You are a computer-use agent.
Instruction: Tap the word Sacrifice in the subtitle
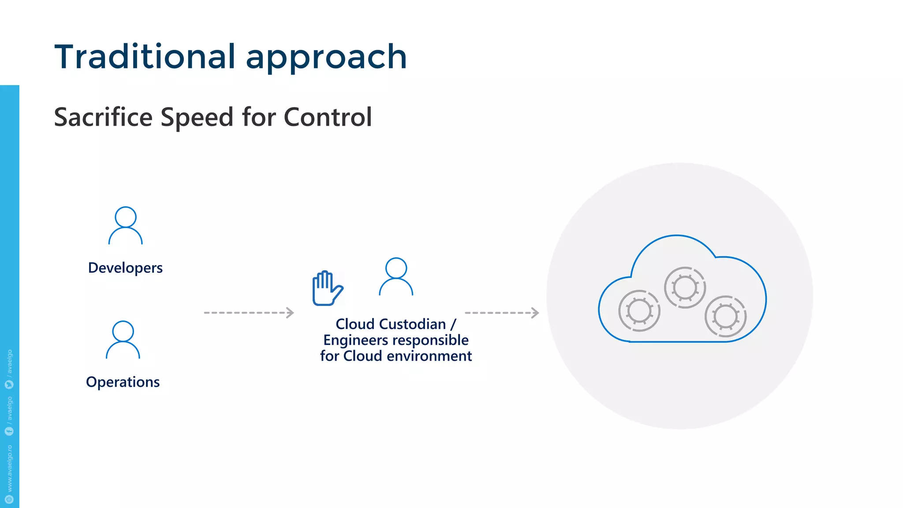pos(103,117)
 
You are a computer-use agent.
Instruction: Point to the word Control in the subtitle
pos(328,117)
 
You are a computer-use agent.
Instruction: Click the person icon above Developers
pos(126,225)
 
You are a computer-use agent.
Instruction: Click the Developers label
pos(125,268)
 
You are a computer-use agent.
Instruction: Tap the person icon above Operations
pos(123,340)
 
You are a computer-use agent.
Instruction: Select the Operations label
pos(123,382)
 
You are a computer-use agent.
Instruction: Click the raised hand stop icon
pos(327,288)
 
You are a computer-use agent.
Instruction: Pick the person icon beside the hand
pos(396,276)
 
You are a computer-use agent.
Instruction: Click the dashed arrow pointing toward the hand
pos(249,313)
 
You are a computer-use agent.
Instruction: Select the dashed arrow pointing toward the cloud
pos(502,313)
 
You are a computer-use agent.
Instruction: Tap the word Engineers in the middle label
pos(355,340)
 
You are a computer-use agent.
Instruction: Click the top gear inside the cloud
pos(685,288)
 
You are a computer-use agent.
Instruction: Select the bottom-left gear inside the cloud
pos(639,310)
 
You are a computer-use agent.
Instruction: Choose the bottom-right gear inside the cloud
pos(725,316)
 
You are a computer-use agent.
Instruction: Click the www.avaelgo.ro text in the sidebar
pos(10,468)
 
